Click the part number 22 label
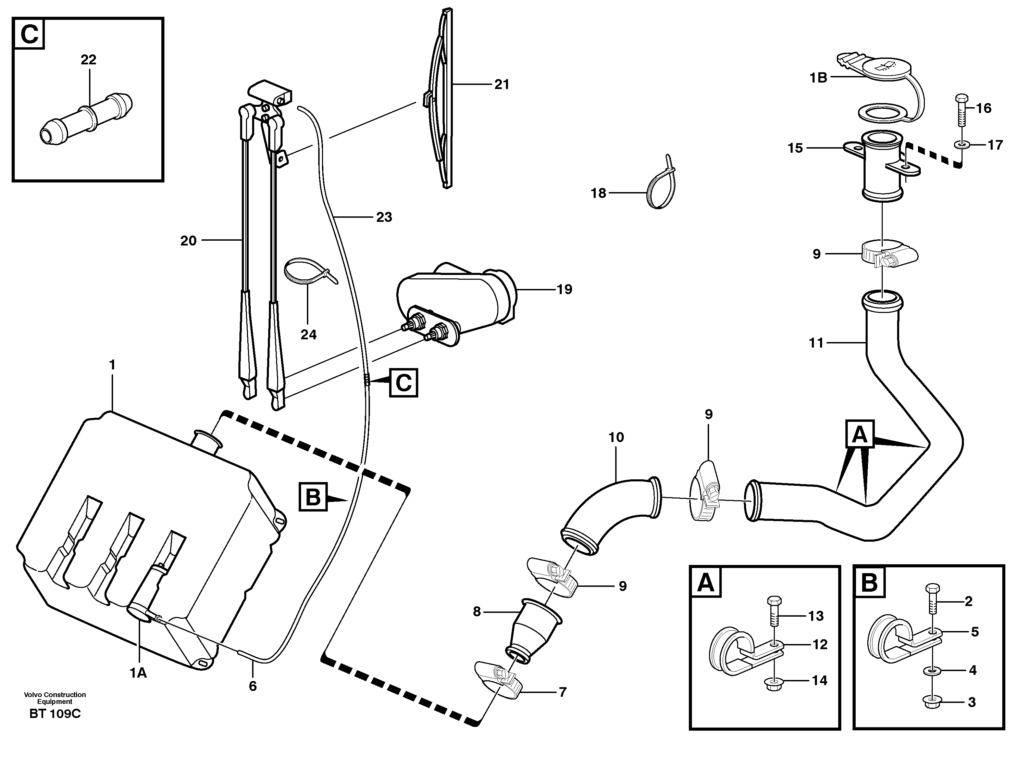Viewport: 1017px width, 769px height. click(88, 60)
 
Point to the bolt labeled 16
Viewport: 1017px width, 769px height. click(961, 110)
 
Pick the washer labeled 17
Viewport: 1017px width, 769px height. click(961, 145)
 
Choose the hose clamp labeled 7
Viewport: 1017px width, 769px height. click(499, 687)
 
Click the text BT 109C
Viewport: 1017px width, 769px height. click(55, 714)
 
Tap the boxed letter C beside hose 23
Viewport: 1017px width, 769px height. click(403, 382)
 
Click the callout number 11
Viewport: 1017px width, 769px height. click(816, 343)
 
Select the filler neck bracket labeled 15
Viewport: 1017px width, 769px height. click(880, 170)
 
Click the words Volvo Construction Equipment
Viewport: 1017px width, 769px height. click(55, 698)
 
